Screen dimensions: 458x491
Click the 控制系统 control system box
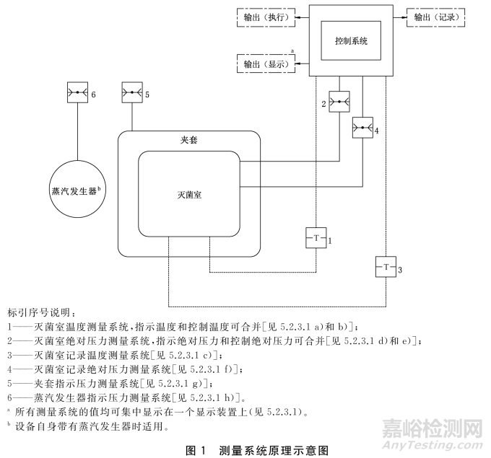tap(352, 41)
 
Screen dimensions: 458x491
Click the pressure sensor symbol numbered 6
tap(77, 94)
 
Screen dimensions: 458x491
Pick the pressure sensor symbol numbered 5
tap(132, 94)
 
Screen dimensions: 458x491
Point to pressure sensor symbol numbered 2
tap(339, 102)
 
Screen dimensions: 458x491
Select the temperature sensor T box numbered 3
tap(386, 268)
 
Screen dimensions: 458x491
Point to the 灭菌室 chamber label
tap(188, 195)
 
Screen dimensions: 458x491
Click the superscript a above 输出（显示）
tap(292, 53)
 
